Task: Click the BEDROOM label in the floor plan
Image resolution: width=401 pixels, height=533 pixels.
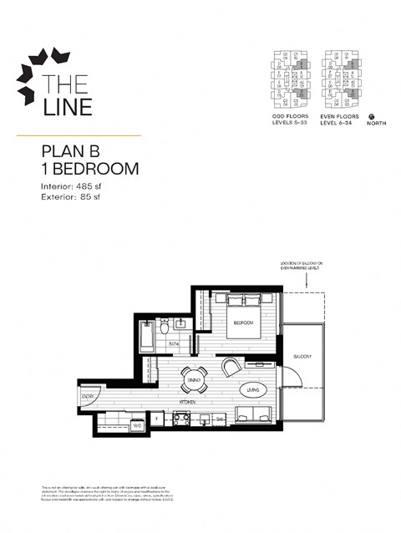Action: [243, 322]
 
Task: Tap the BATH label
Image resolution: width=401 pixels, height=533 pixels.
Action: [174, 343]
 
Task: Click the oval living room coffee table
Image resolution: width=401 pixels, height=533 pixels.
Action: [252, 390]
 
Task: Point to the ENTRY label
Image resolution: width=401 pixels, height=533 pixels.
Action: [88, 396]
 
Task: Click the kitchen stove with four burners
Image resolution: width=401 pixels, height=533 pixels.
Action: [182, 419]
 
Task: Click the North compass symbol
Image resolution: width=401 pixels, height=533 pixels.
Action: [371, 117]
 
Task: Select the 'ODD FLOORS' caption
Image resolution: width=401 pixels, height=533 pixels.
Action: [287, 117]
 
